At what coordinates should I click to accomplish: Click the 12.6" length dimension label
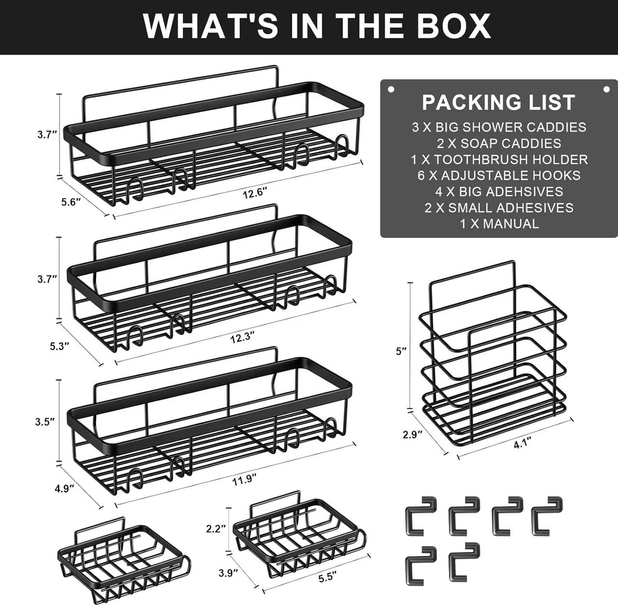click(255, 193)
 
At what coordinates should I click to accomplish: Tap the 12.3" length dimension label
click(242, 338)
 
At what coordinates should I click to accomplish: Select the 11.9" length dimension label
click(244, 480)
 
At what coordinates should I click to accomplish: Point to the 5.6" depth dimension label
click(71, 202)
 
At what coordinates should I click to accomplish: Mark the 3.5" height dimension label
click(45, 422)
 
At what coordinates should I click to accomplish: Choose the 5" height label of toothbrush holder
click(401, 351)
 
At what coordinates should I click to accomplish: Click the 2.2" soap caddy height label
click(216, 529)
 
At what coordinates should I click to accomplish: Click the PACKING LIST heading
click(498, 102)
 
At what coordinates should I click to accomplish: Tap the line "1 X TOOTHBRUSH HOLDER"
click(499, 160)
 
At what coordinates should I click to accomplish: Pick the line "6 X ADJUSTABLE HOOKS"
click(499, 176)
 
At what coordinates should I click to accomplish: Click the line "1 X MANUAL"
click(499, 223)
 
